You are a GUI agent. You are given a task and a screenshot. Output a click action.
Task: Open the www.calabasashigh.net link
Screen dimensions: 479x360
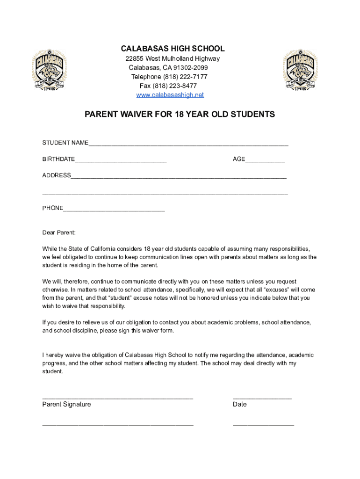click(170, 95)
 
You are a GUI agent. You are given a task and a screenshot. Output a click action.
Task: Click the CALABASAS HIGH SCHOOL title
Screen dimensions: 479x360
click(173, 49)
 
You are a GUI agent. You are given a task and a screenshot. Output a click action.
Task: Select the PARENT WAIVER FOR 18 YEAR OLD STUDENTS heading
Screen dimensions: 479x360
click(180, 114)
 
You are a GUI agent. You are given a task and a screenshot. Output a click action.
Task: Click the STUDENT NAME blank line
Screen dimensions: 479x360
click(188, 144)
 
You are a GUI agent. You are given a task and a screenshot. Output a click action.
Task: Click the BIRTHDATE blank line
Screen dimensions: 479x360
click(120, 161)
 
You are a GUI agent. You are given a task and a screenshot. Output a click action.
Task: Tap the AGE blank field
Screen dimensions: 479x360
click(265, 161)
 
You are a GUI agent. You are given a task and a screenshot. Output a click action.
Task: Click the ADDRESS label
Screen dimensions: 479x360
click(57, 175)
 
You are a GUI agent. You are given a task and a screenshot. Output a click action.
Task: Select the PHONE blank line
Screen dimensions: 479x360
click(114, 210)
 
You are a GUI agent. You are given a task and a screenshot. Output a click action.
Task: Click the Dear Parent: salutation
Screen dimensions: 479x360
click(58, 232)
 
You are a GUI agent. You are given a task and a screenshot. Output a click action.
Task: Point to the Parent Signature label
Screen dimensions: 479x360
click(67, 404)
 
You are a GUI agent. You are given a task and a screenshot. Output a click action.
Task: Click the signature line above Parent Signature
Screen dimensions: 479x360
click(117, 398)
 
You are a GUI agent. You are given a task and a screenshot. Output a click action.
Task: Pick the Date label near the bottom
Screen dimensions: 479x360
click(239, 404)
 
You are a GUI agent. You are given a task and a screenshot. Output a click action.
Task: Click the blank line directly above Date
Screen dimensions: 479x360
click(262, 398)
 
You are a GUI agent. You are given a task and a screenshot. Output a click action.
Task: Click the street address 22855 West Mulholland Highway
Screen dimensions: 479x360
click(173, 59)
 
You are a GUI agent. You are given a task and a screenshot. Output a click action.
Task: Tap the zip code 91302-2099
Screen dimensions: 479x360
click(189, 68)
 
